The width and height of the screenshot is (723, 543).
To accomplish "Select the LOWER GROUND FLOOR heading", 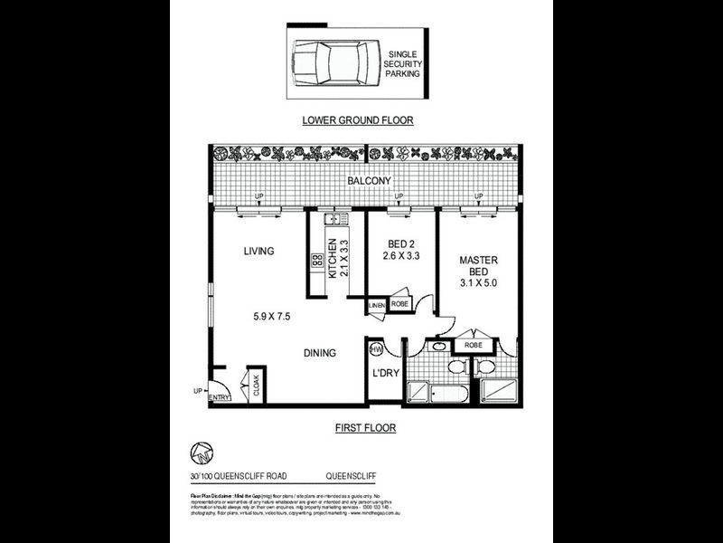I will [357, 119].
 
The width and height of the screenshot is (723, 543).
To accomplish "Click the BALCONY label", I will [371, 182].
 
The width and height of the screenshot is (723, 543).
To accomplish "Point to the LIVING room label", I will [258, 252].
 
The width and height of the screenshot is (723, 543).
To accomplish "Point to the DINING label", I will [320, 354].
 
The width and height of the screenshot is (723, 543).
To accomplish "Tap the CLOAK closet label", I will [256, 386].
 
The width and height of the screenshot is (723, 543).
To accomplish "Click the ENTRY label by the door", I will [218, 398].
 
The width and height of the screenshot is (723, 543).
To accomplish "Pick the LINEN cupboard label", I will [378, 306].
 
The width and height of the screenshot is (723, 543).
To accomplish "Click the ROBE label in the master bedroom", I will [471, 345].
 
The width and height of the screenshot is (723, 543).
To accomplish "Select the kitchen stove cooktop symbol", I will [317, 261].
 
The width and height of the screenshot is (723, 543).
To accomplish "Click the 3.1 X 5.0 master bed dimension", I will [478, 283].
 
